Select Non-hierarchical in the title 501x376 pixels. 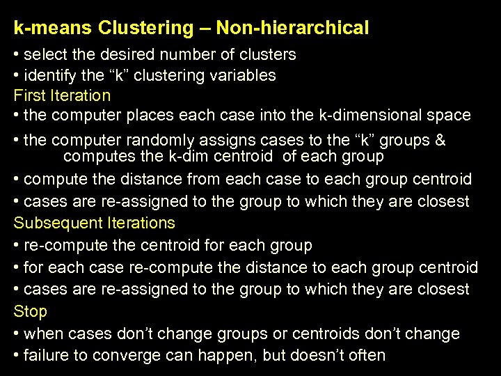click(x=292, y=29)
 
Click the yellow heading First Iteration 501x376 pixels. click(x=62, y=95)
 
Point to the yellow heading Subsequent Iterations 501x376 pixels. click(x=94, y=224)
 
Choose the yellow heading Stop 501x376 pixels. click(x=30, y=311)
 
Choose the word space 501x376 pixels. click(x=450, y=115)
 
